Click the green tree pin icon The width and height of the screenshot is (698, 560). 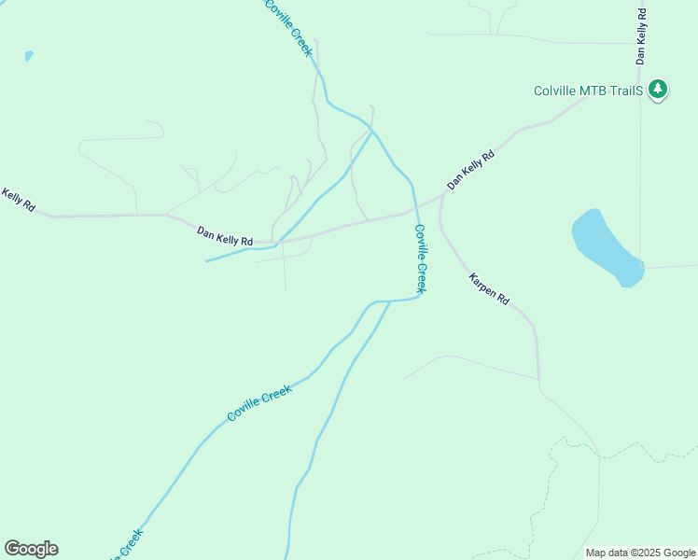coord(659,90)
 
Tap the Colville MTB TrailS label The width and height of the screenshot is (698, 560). coord(588,91)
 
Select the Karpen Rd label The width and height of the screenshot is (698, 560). coord(489,288)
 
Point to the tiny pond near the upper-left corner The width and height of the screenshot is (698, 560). coord(29,56)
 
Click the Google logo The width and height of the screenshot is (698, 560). coord(31,549)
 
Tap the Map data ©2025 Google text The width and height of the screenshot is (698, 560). coord(640,553)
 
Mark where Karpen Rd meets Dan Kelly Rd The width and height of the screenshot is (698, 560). coord(441,197)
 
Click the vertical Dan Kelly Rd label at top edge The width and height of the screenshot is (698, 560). coord(641,35)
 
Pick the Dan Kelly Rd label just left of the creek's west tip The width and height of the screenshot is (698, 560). coord(225,235)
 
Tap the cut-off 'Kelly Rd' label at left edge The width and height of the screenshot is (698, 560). coord(18,199)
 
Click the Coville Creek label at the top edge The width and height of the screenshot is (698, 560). coord(287,27)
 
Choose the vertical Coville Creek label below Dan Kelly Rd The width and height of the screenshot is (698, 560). coord(421,259)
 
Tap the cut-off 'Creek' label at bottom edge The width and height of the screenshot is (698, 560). coord(128,545)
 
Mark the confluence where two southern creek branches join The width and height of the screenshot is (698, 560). coord(389,301)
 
